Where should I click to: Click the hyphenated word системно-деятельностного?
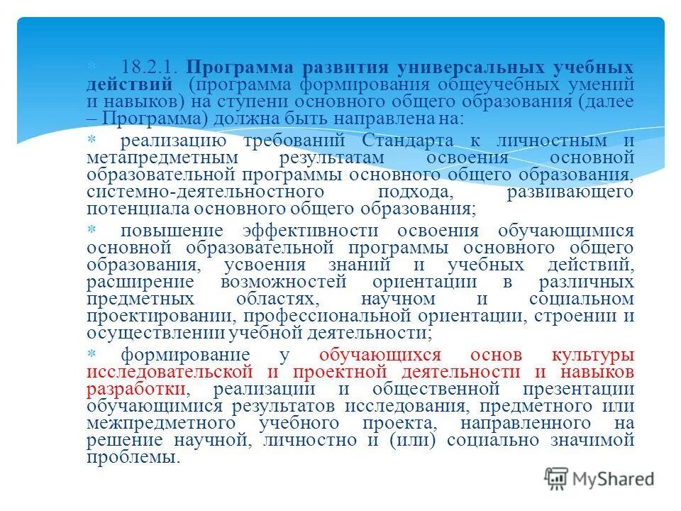[x=206, y=192]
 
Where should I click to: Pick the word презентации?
[x=578, y=389]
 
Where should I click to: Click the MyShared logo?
[x=599, y=479]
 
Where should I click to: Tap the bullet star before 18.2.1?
[x=90, y=66]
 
